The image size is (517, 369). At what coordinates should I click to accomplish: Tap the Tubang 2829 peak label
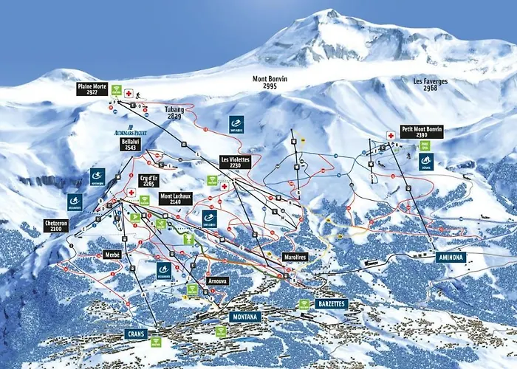pyautogui.click(x=174, y=112)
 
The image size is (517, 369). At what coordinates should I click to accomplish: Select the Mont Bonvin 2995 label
pyautogui.click(x=270, y=81)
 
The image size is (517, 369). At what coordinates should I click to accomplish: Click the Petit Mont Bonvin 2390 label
pyautogui.click(x=422, y=132)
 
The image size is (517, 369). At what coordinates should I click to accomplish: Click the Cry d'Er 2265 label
pyautogui.click(x=148, y=180)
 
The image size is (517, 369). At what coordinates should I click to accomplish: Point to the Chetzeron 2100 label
pyautogui.click(x=56, y=226)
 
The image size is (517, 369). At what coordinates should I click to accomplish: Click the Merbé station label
pyautogui.click(x=112, y=255)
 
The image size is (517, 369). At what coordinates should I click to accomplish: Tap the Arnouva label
pyautogui.click(x=217, y=280)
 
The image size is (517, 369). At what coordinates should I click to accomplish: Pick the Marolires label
pyautogui.click(x=294, y=257)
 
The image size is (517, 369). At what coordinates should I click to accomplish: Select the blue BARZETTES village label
pyautogui.click(x=330, y=303)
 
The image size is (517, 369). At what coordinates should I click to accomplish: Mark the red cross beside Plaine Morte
pyautogui.click(x=129, y=94)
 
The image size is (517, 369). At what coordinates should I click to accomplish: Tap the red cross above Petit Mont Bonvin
pyautogui.click(x=391, y=136)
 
